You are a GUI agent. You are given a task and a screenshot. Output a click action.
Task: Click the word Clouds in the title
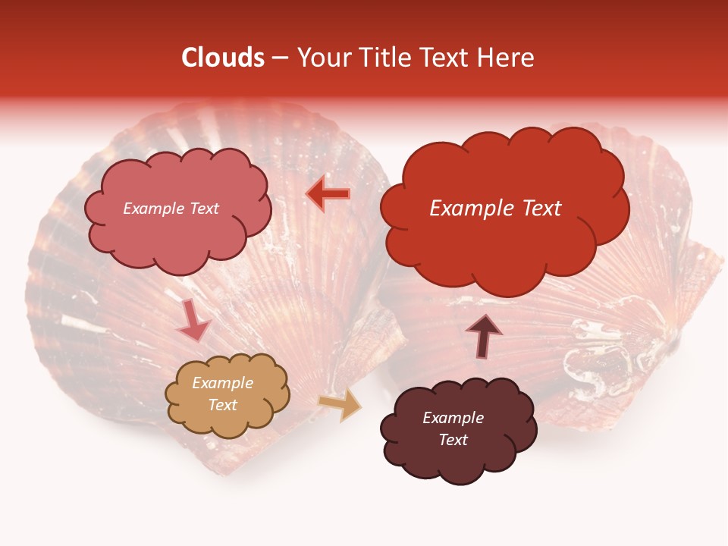click(x=223, y=58)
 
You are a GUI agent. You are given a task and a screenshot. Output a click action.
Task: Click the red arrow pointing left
click(x=328, y=194)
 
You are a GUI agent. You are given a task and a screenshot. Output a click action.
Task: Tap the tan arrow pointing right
click(x=340, y=406)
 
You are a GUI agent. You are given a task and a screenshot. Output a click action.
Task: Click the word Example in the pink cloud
click(x=152, y=209)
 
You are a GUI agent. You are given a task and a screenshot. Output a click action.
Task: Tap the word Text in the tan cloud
click(x=222, y=405)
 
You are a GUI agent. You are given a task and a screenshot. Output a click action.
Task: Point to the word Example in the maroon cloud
click(x=453, y=418)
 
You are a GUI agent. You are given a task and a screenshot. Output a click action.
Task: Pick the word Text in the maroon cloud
click(x=453, y=440)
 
